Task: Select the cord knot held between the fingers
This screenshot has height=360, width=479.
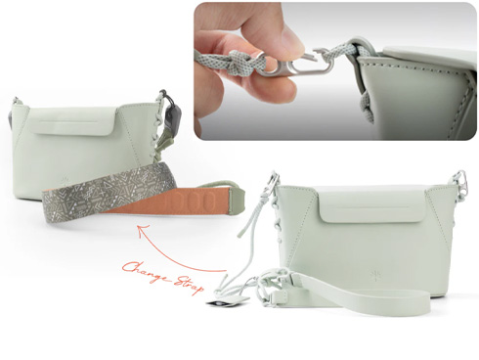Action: [x=242, y=61]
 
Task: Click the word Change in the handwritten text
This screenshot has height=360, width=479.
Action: [x=144, y=272]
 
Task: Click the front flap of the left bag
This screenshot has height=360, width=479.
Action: [x=73, y=122]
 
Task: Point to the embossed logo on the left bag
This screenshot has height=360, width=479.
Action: [x=64, y=182]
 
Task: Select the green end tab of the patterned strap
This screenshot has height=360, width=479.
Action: [x=238, y=200]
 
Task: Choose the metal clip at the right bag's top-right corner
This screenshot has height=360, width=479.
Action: [x=463, y=180]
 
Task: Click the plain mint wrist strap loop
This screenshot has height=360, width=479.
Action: [x=352, y=300]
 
